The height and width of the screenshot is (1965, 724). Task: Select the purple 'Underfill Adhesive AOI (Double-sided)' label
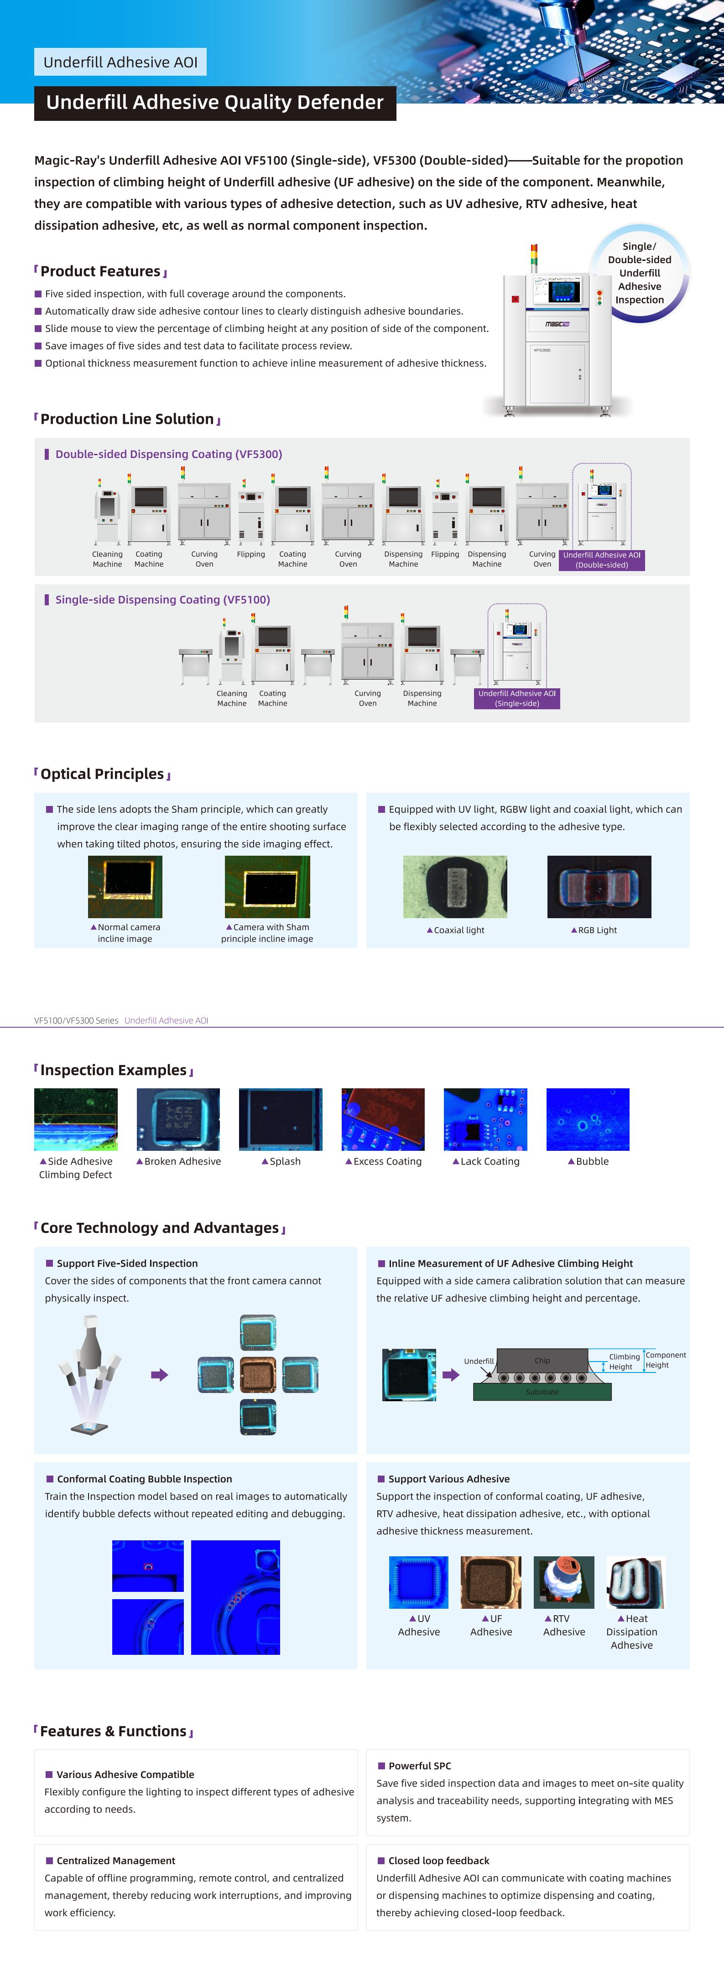click(601, 560)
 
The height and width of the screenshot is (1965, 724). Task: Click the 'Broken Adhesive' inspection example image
click(178, 1119)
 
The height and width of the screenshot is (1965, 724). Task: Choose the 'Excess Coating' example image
click(383, 1119)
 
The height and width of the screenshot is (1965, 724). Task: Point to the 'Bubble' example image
click(588, 1119)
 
